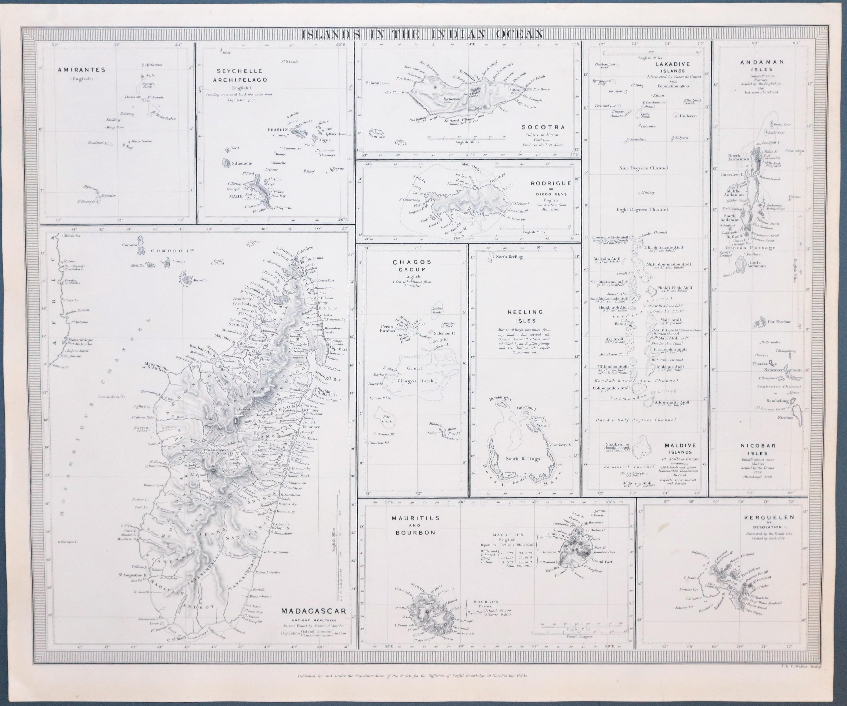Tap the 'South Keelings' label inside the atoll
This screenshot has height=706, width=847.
click(523, 459)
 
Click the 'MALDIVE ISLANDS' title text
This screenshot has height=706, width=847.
click(680, 449)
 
